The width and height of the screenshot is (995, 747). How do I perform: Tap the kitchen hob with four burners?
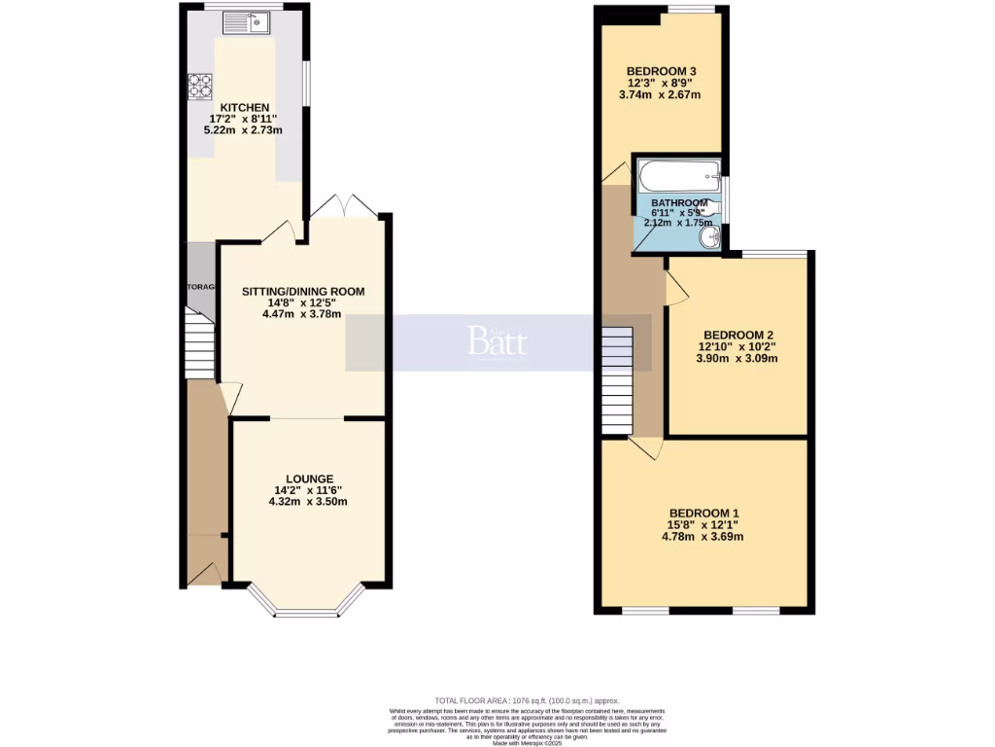200,88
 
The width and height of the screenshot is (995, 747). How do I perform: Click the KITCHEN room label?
244,107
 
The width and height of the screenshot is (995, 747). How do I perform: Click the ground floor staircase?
201,345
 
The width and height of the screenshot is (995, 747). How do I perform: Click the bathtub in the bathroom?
678,177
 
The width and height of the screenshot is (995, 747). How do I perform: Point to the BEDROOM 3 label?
661,71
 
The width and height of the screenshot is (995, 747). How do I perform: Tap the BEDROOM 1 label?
703,514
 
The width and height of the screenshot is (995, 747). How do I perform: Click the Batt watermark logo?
497,341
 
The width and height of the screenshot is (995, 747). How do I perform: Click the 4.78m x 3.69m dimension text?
703,537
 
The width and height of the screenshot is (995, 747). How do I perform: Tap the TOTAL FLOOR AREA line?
526,701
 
